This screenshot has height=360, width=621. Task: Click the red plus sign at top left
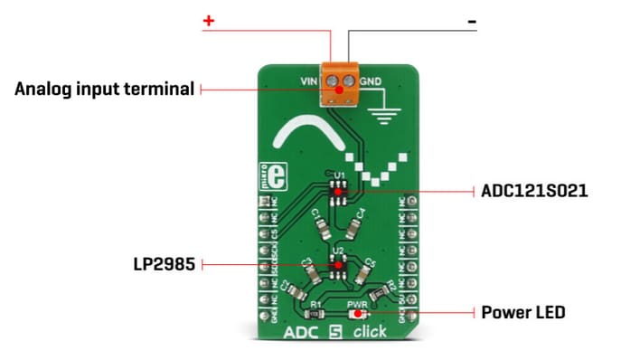click(207, 20)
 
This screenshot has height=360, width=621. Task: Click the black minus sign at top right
click(471, 20)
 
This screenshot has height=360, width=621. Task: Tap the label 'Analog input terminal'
click(105, 90)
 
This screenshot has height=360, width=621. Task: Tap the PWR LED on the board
click(359, 313)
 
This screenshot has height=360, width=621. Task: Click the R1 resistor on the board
click(315, 315)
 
